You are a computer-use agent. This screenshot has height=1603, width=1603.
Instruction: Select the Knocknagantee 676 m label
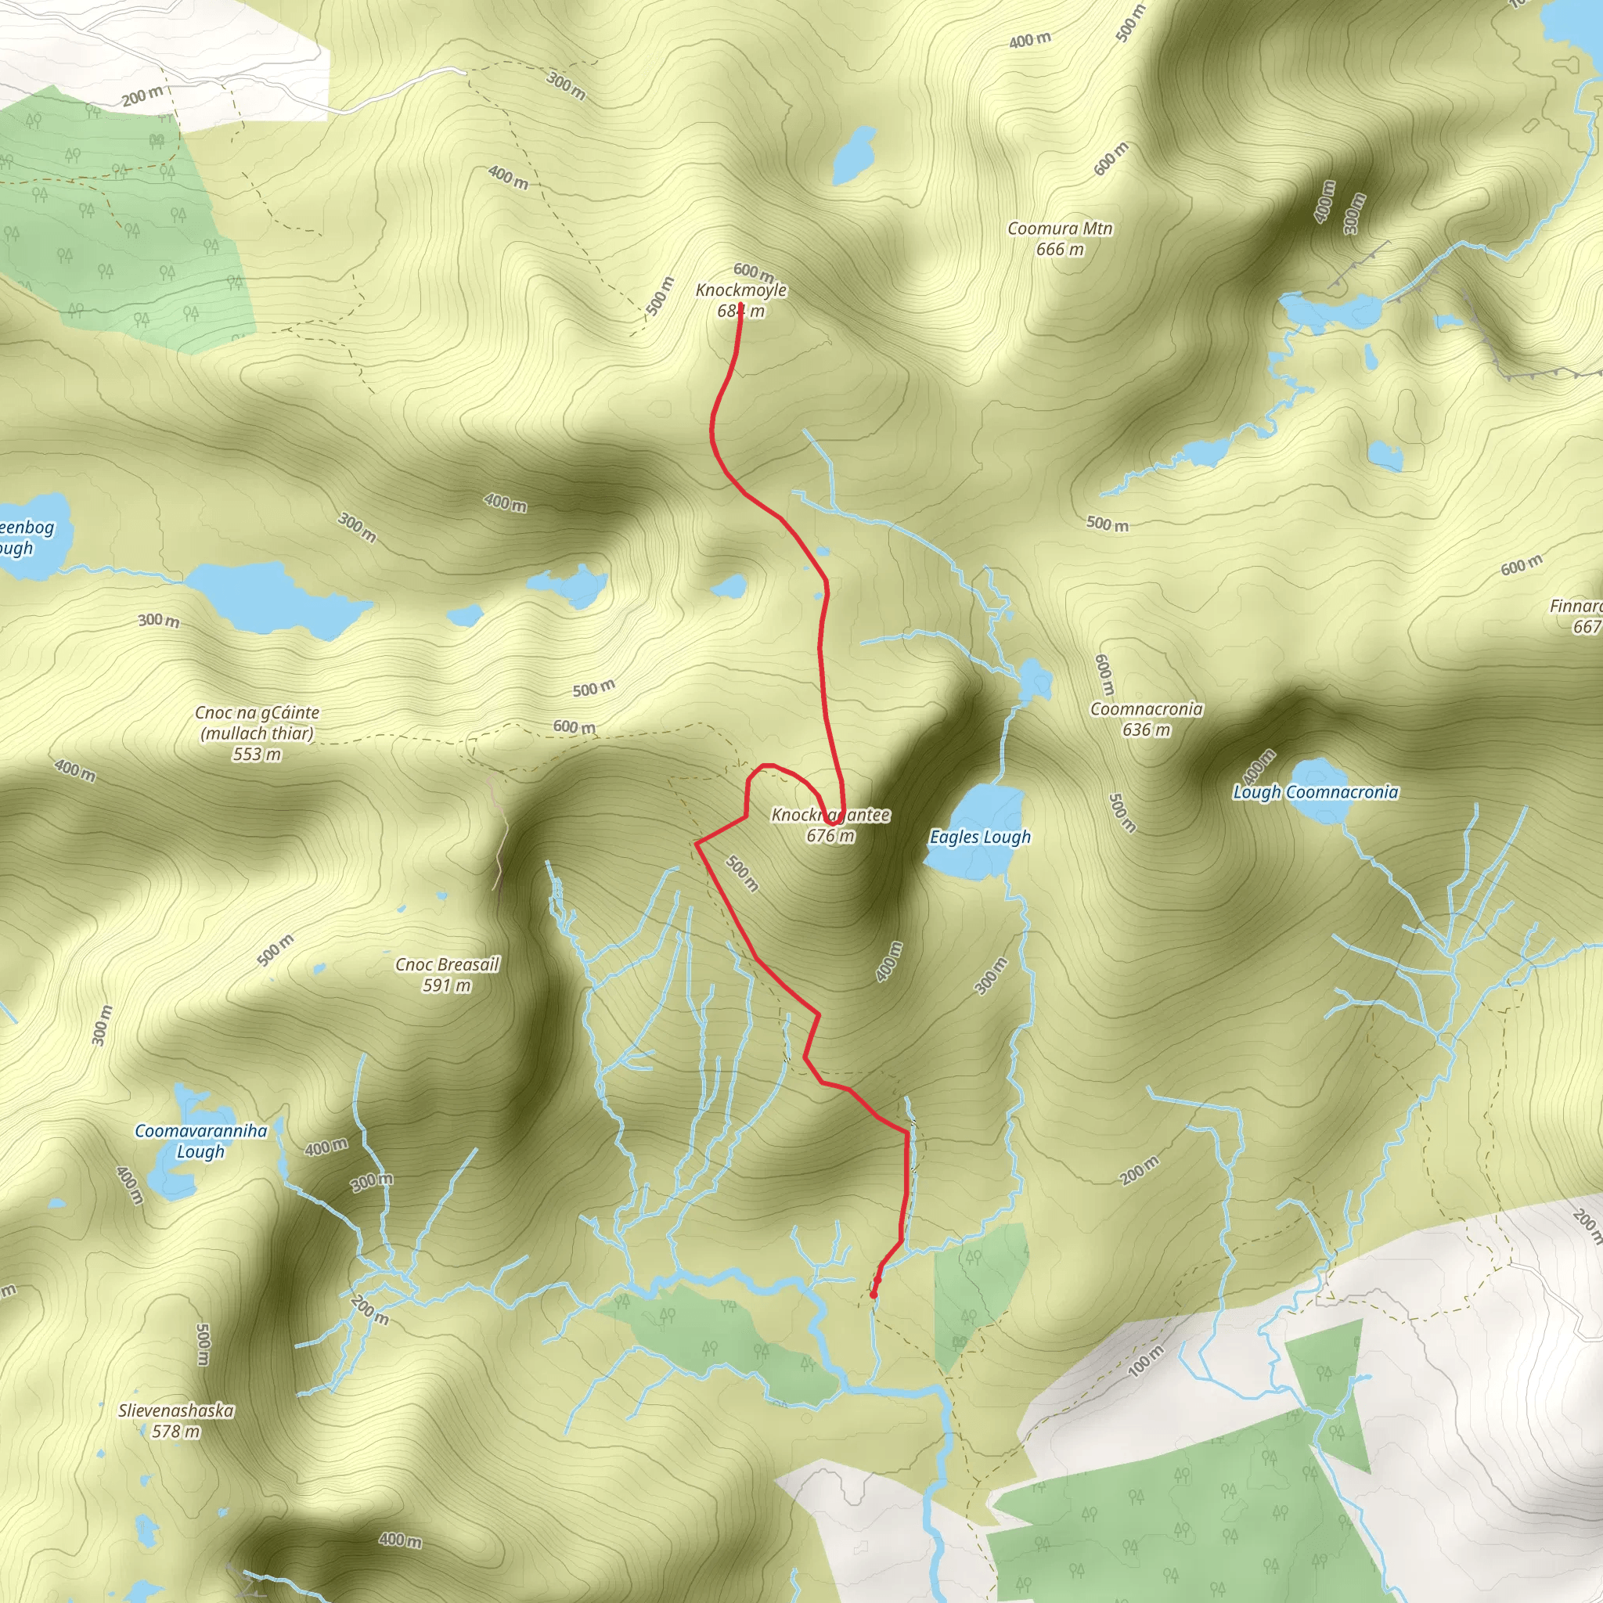[x=830, y=825]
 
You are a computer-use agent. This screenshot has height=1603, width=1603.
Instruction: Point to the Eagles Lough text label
[x=980, y=837]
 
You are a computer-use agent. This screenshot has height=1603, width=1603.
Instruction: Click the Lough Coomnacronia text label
[x=1315, y=792]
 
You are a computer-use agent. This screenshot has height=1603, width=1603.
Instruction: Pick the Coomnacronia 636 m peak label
[x=1146, y=719]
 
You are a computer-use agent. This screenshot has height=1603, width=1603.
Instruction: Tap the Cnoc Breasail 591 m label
[x=447, y=974]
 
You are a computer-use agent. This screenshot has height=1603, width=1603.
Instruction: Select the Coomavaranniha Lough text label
[x=201, y=1140]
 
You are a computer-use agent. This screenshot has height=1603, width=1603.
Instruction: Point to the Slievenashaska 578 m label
[x=176, y=1420]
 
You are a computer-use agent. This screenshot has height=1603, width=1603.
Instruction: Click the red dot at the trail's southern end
[x=873, y=1295]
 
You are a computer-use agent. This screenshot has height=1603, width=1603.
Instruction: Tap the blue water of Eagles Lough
[x=987, y=805]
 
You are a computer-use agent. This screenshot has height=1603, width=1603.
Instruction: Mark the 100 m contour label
[x=1146, y=1360]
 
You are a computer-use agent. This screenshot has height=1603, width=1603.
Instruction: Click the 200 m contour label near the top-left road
[x=142, y=96]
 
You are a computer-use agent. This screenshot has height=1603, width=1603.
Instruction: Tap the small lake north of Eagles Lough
[x=1034, y=679]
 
